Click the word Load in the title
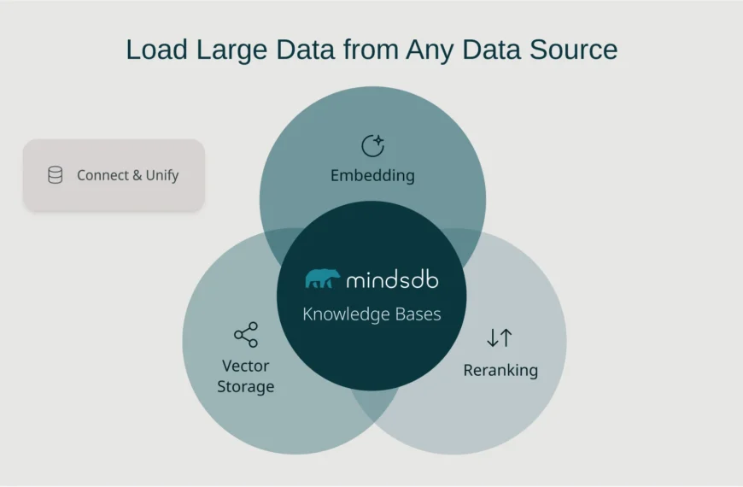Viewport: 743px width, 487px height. tap(155, 50)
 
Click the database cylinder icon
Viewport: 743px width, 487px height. tap(55, 175)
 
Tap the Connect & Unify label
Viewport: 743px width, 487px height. tap(127, 175)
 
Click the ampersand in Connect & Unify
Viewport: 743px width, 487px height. tap(137, 175)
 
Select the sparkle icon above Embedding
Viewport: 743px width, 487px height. tap(372, 146)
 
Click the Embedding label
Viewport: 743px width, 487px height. tap(372, 176)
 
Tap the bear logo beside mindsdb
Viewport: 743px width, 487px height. tap(322, 279)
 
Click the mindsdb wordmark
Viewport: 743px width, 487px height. tap(392, 279)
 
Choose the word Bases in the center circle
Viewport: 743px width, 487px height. tap(417, 314)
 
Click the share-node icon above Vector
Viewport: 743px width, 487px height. tap(246, 335)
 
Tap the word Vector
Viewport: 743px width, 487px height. tap(246, 366)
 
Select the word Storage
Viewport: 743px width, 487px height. tap(246, 386)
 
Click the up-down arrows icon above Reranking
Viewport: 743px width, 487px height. tap(500, 337)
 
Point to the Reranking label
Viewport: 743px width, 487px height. tap(500, 370)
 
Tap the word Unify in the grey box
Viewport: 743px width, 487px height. tap(162, 175)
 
